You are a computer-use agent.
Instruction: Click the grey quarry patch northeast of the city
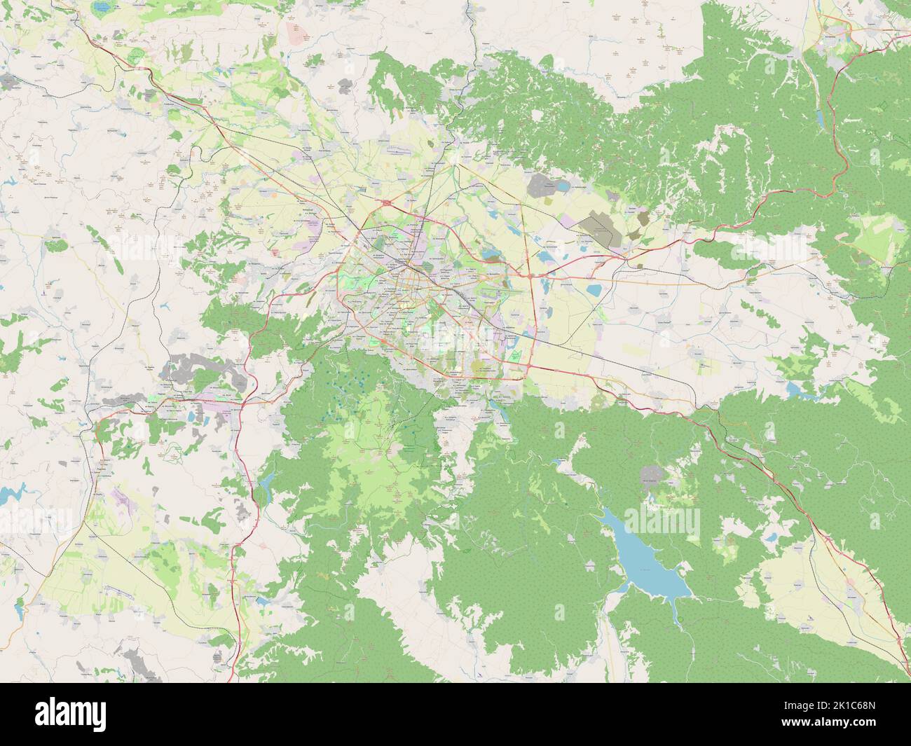click(x=544, y=185)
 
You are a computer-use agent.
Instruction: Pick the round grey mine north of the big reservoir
click(x=652, y=476)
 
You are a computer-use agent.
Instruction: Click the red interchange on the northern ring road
click(x=386, y=202)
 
